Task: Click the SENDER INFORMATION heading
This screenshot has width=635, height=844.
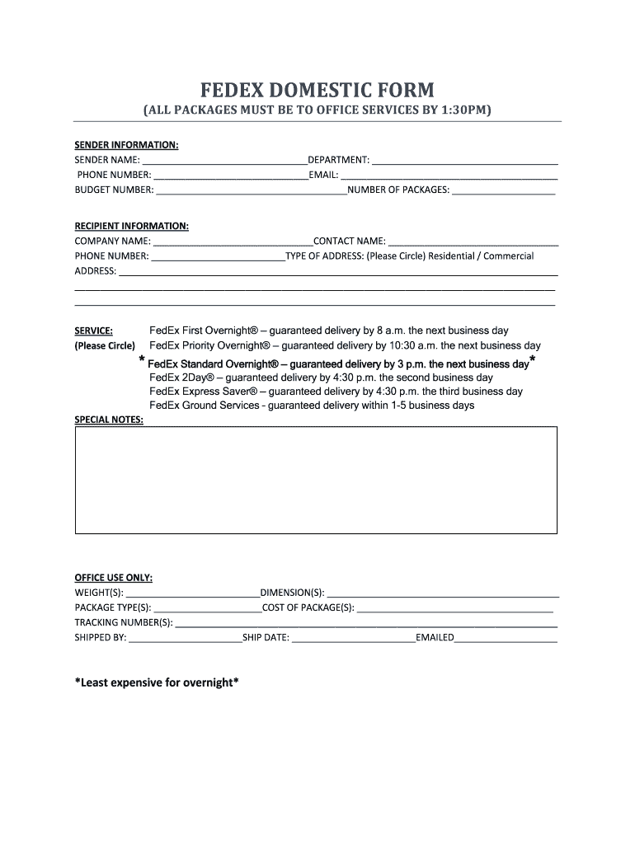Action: pos(126,145)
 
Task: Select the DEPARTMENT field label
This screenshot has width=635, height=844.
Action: pos(338,160)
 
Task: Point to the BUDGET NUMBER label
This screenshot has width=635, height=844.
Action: pos(114,190)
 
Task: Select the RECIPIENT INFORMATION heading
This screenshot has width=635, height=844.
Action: pos(131,226)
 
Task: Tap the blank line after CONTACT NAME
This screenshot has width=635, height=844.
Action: pos(473,242)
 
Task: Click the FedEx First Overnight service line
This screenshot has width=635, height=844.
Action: pos(328,331)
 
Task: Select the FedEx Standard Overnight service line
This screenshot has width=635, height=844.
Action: pos(338,363)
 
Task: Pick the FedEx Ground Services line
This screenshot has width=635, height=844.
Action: pos(312,406)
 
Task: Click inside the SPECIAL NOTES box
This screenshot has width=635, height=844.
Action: pos(316,480)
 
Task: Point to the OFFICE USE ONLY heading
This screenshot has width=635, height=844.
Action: pos(113,578)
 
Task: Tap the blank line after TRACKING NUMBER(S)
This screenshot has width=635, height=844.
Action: pos(366,624)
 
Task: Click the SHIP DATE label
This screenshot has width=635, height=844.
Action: pos(266,638)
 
